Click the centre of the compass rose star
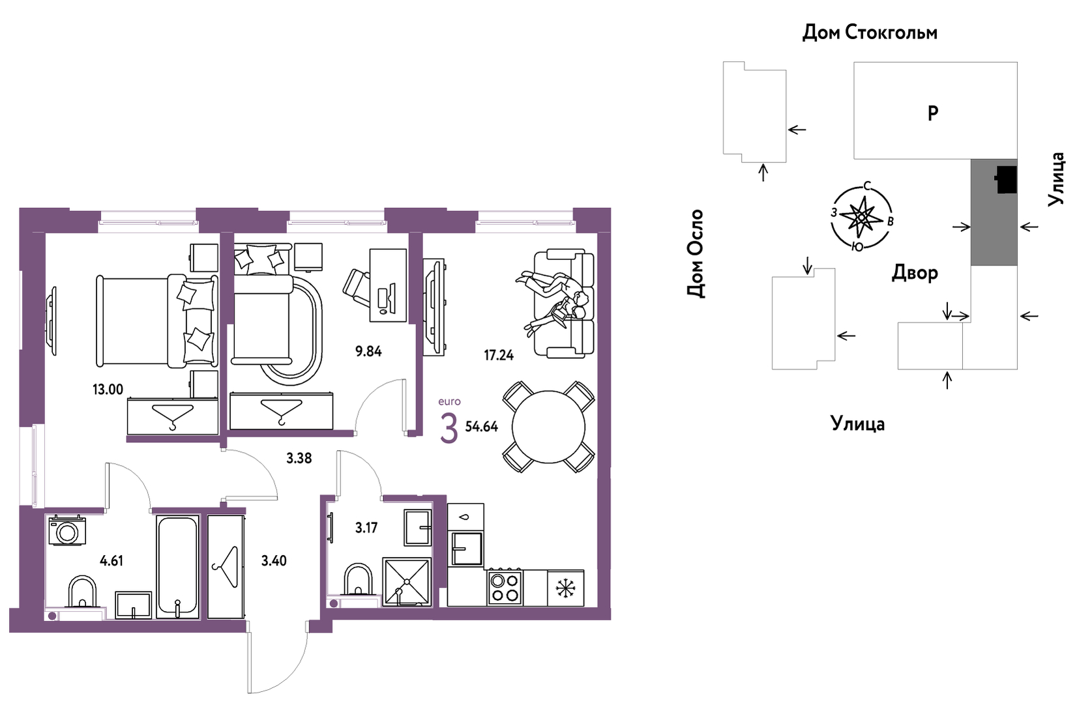click(x=862, y=218)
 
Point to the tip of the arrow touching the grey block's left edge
click(x=970, y=227)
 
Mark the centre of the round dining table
click(x=548, y=427)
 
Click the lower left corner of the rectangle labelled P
click(x=854, y=159)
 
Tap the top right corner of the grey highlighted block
click(x=1017, y=160)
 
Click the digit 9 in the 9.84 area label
click(x=359, y=351)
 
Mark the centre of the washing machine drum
click(x=66, y=533)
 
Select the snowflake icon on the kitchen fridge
click(x=565, y=588)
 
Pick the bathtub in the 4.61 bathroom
click(x=177, y=566)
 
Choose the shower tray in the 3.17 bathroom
click(x=407, y=582)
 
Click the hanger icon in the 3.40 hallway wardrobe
click(x=226, y=567)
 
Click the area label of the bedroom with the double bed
click(x=108, y=390)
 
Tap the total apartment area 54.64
click(x=482, y=427)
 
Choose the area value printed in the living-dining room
click(x=499, y=355)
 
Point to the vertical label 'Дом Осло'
click(x=695, y=254)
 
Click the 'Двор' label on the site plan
click(x=915, y=273)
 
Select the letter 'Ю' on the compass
click(x=857, y=248)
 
